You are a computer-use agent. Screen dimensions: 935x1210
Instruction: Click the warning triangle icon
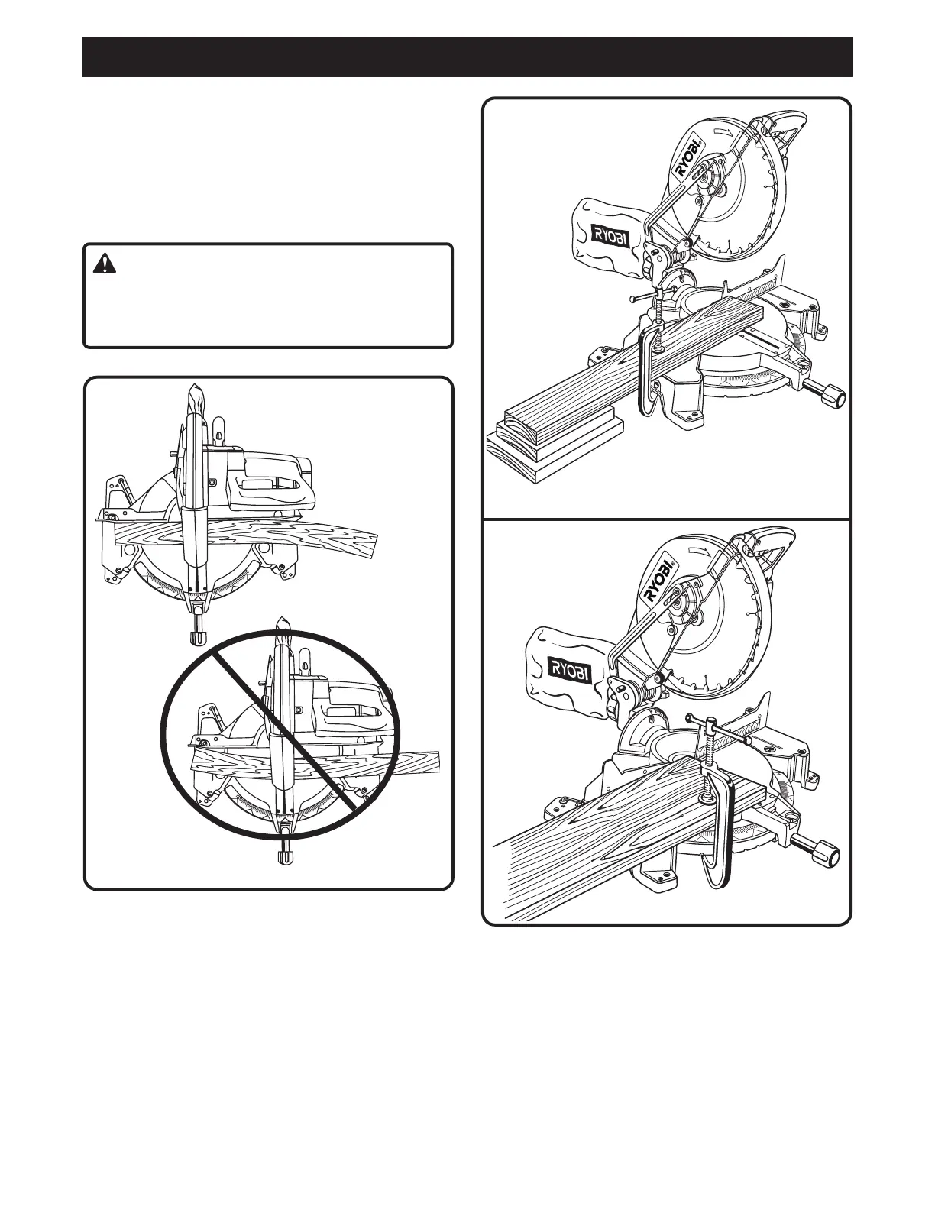click(x=103, y=264)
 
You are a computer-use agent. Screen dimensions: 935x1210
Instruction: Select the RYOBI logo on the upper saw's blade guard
click(x=687, y=157)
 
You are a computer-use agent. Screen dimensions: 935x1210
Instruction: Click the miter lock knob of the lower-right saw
click(x=827, y=856)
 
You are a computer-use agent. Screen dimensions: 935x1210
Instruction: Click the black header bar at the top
click(x=467, y=57)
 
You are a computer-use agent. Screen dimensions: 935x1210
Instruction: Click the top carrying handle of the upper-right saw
click(x=783, y=126)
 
